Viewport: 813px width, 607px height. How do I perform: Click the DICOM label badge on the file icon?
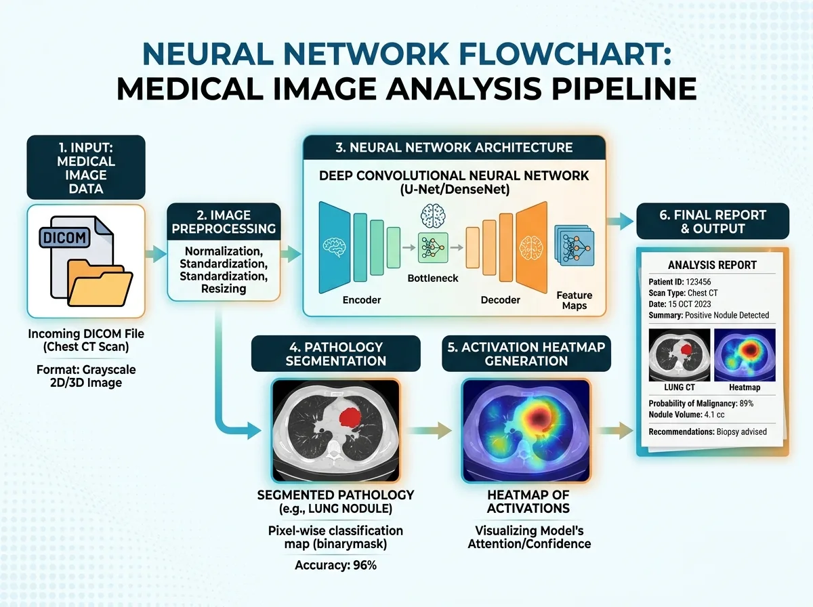pos(64,237)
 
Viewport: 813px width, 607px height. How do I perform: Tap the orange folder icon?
pos(100,283)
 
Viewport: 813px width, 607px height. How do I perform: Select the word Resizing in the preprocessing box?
pos(224,289)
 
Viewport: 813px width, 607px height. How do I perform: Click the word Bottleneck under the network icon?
pos(433,278)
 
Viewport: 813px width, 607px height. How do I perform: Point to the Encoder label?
pos(362,299)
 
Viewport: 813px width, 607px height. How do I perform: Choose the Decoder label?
pos(501,299)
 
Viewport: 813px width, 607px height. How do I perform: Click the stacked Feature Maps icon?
pos(574,245)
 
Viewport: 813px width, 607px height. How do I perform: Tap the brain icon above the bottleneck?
pos(433,216)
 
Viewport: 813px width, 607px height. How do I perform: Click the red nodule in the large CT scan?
pos(350,417)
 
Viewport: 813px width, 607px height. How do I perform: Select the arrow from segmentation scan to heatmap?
pos(429,430)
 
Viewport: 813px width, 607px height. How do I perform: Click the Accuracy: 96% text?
pos(335,566)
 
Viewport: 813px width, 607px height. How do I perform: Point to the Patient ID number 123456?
pos(699,282)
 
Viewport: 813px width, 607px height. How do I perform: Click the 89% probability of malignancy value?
pos(747,403)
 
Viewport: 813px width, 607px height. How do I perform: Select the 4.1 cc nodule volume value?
pos(715,415)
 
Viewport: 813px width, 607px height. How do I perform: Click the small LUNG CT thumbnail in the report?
pos(680,355)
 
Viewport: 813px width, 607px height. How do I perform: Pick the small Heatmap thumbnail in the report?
pos(745,355)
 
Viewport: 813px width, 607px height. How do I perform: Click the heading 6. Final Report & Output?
pos(713,222)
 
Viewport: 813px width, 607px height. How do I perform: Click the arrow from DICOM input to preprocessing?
pos(156,254)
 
